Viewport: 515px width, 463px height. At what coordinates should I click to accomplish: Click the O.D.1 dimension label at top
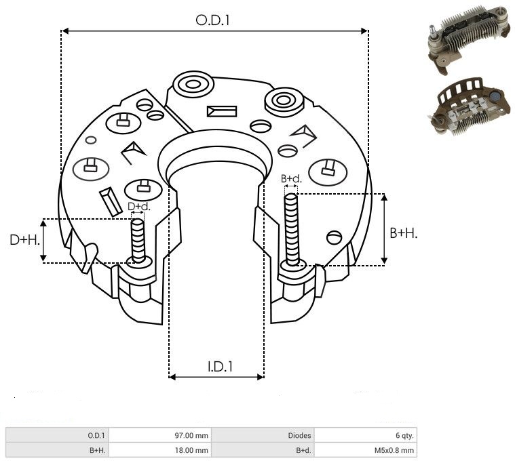[x=213, y=20]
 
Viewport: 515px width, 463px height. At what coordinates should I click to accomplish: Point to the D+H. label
[x=25, y=240]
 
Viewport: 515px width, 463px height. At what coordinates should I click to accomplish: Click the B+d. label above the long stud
[x=291, y=179]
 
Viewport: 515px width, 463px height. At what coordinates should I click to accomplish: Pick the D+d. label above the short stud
[x=138, y=206]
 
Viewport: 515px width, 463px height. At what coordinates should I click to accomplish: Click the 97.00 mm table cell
[x=191, y=435]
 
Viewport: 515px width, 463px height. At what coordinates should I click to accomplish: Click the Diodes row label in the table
[x=299, y=435]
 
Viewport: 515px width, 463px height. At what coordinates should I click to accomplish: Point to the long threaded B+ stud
[x=292, y=230]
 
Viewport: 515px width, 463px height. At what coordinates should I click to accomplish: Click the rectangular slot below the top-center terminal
[x=222, y=110]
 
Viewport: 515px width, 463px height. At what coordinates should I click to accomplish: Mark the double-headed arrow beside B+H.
[x=384, y=229]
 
